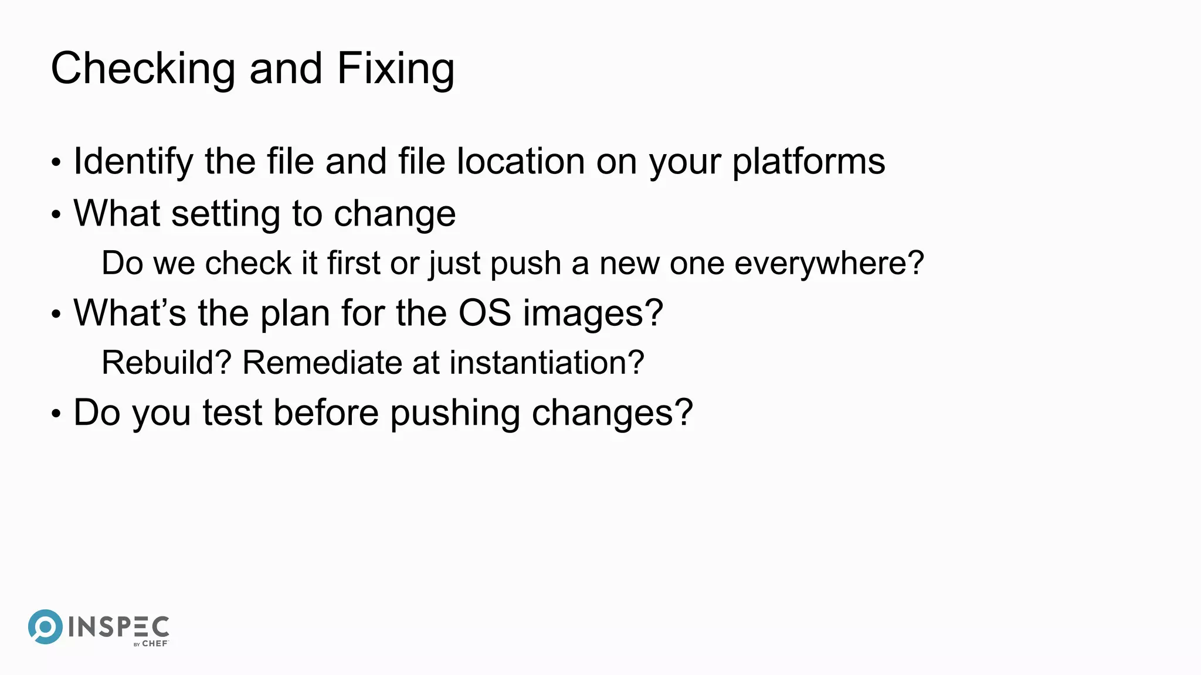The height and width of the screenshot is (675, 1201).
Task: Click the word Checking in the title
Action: click(x=143, y=69)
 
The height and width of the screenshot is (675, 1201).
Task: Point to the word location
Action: click(x=520, y=162)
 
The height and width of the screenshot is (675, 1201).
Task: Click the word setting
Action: click(x=225, y=214)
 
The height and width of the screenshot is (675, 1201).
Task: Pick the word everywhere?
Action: click(x=829, y=263)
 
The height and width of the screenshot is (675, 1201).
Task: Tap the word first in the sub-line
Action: click(x=354, y=263)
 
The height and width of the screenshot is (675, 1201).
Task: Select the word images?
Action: click(x=593, y=314)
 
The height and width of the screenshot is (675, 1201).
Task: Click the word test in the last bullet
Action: click(x=232, y=412)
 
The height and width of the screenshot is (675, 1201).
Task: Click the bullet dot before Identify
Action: click(x=56, y=163)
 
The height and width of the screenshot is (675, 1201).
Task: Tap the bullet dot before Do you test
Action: click(x=56, y=414)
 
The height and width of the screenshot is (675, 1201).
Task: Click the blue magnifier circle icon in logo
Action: click(x=45, y=626)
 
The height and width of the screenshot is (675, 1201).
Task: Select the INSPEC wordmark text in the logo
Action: click(x=119, y=627)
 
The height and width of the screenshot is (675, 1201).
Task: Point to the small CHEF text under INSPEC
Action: click(x=155, y=643)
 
